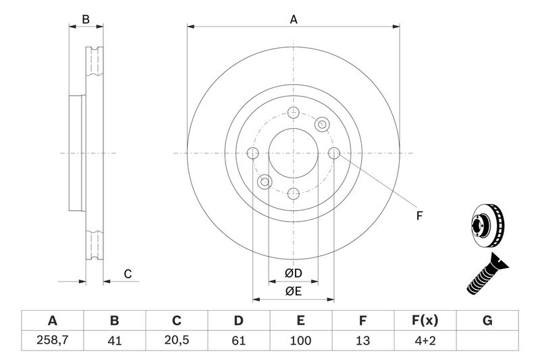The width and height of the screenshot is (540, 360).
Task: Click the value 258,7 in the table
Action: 52,340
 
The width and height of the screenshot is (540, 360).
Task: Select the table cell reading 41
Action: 115,340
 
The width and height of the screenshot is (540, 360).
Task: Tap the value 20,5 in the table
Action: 177,340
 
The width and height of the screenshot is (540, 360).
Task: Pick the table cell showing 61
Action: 239,340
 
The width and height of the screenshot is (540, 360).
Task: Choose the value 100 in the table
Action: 301,340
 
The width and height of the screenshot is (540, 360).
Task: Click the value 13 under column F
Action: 363,340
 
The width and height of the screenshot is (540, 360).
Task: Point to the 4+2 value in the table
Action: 425,340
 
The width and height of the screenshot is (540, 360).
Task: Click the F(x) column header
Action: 425,320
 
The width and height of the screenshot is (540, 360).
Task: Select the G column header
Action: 487,320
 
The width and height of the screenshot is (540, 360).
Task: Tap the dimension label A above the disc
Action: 294,20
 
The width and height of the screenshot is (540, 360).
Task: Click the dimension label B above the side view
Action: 86,20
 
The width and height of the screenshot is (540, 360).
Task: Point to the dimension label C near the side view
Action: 126,274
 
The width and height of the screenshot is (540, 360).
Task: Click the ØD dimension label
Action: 293,273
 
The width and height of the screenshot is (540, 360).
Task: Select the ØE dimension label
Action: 293,291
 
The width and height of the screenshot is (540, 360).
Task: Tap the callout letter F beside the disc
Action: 418,216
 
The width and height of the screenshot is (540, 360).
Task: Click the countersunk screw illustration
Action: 485,275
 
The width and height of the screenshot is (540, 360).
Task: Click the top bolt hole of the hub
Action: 293,113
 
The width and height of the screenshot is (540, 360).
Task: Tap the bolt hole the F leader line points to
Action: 333,153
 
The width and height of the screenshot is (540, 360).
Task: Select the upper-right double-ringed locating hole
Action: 322,124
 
